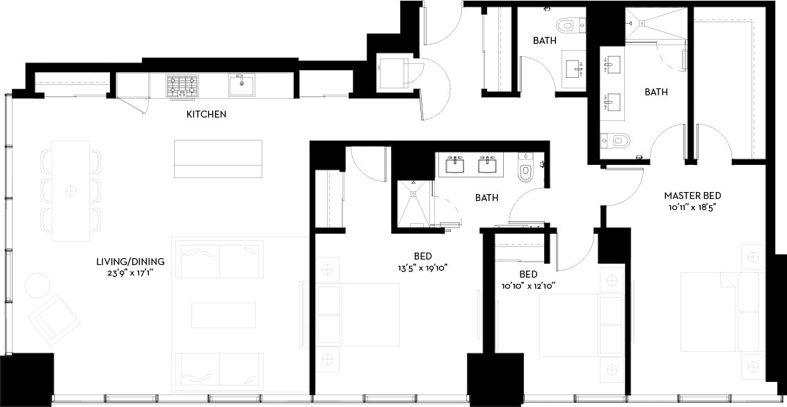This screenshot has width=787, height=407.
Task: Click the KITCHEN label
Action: [206, 113]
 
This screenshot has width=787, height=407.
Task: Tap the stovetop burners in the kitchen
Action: [182, 86]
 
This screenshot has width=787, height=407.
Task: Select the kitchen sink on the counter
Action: [241, 84]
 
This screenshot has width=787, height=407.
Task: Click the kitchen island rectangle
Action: [218, 159]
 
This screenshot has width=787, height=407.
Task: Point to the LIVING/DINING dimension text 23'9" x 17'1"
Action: [131, 273]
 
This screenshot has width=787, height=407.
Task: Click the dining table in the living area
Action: [71, 190]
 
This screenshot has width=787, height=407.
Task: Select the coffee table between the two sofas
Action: [223, 314]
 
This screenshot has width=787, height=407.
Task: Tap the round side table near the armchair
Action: [37, 285]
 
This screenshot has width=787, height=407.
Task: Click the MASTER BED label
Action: [692, 196]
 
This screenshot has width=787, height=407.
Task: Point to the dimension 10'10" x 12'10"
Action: [527, 285]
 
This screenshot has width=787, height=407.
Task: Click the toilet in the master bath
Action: [616, 141]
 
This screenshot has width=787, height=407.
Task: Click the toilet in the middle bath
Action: [525, 170]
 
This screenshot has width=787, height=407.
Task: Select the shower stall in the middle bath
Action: [413, 202]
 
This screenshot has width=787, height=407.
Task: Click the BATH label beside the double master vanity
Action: [655, 92]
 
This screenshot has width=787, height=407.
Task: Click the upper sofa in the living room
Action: [220, 259]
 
